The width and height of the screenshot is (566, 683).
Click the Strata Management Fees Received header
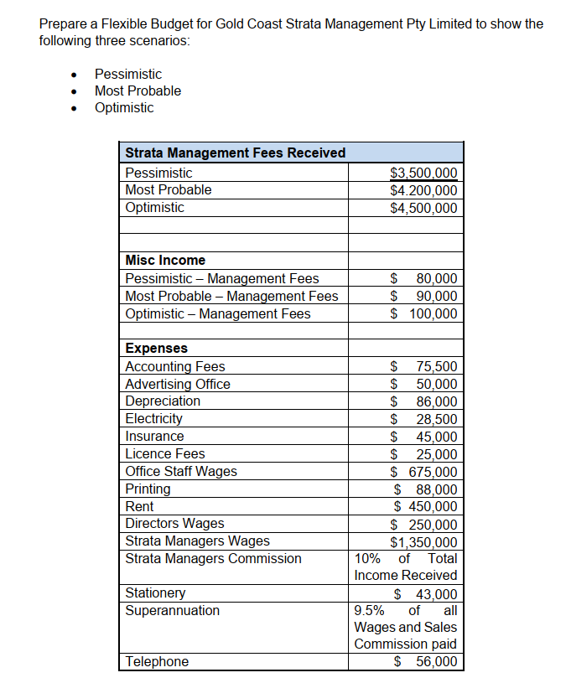(x=235, y=153)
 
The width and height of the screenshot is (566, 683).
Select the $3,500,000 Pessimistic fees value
(x=423, y=173)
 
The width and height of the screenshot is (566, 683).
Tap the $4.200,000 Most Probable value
(x=423, y=190)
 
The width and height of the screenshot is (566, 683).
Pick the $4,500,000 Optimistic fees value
(x=423, y=208)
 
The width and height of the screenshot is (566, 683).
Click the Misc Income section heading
(x=165, y=261)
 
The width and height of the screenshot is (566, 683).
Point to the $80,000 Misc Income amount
(x=424, y=278)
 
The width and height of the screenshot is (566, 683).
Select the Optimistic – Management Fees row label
(x=217, y=313)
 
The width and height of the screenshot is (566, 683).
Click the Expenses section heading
(x=156, y=348)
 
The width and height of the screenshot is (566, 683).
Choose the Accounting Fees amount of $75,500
(x=424, y=366)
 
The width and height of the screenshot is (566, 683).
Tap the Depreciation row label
(x=163, y=401)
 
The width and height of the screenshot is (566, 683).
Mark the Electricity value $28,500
(x=424, y=419)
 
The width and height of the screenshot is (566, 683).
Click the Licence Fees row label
(x=164, y=453)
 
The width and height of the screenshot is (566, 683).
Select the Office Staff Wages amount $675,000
(x=424, y=472)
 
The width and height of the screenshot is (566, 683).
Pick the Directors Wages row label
(x=174, y=524)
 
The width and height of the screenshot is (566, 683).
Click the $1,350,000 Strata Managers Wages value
(x=423, y=541)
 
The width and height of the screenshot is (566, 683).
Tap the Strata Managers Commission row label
(x=213, y=558)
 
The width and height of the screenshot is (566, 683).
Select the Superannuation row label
(x=172, y=610)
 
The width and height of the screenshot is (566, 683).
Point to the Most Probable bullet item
(x=138, y=91)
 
